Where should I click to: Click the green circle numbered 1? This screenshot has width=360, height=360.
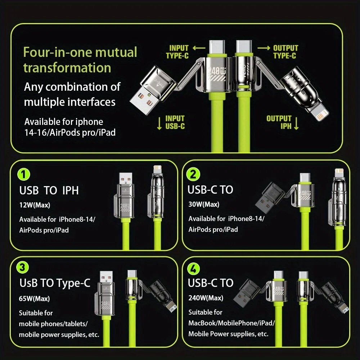(24, 174)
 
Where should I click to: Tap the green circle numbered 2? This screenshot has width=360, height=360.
(193, 174)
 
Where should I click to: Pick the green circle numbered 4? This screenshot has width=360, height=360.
(194, 269)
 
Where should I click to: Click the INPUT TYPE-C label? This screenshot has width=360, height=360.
(177, 52)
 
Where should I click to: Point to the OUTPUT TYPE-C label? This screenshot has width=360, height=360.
(285, 52)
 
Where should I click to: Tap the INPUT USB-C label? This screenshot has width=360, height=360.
(175, 122)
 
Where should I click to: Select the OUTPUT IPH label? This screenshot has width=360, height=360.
(279, 122)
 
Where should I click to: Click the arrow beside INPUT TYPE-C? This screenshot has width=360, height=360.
(199, 48)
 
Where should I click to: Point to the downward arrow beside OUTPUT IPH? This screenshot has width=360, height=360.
(296, 123)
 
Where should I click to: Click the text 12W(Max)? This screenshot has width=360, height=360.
(35, 205)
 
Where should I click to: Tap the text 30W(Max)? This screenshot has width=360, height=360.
(204, 204)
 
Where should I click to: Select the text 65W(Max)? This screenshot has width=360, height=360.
(35, 298)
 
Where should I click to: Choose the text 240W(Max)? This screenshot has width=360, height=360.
(206, 298)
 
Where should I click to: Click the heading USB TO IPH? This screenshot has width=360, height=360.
(49, 190)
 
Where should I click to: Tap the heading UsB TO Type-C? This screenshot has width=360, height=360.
(55, 283)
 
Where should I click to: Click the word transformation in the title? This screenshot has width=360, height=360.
(67, 68)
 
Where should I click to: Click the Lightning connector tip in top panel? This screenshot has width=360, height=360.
(320, 114)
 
